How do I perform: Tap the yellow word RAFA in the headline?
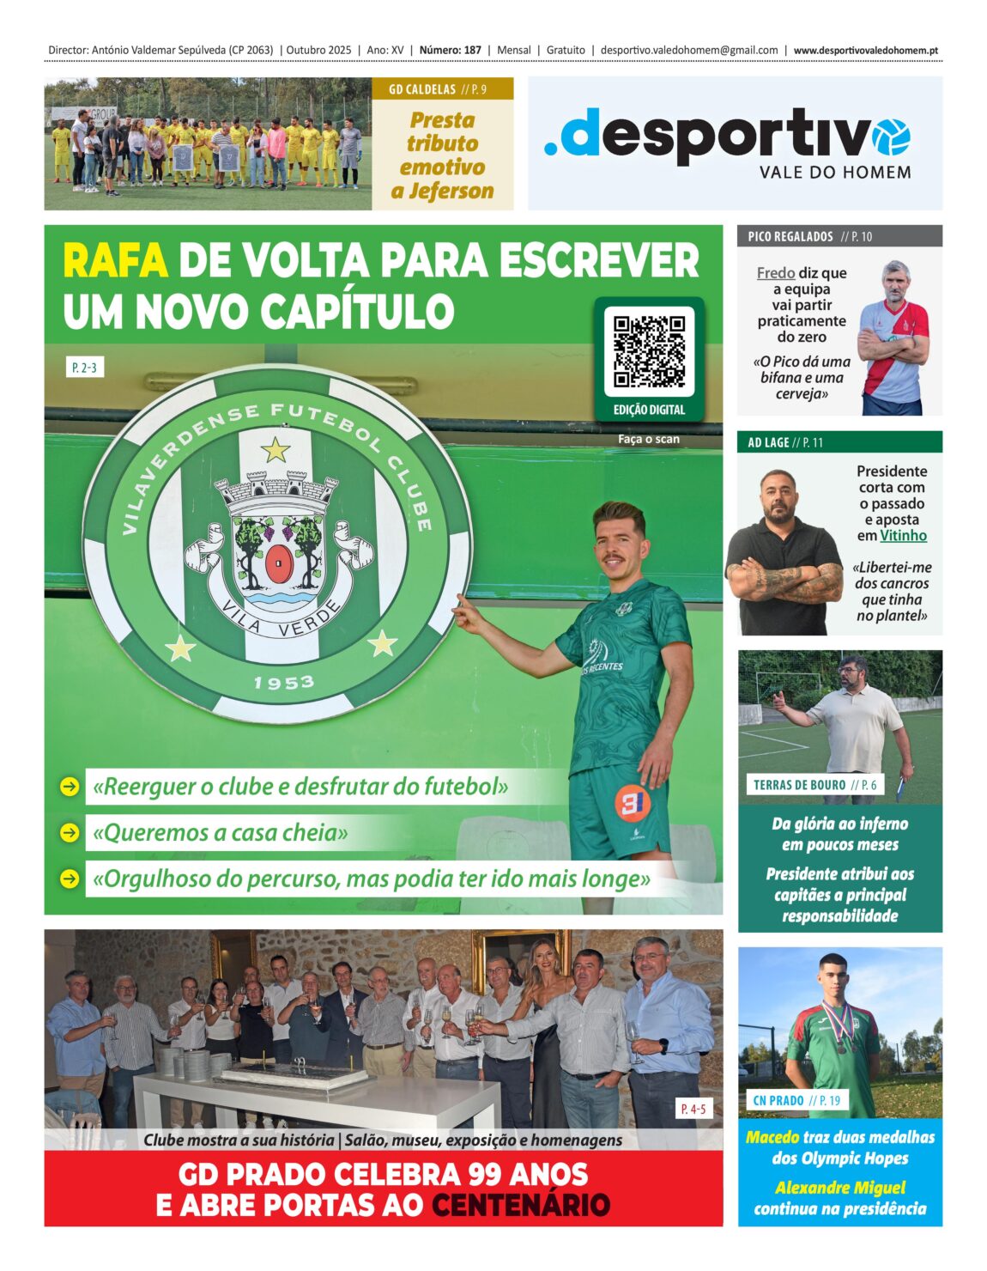point(115,261)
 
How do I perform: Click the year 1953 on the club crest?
point(283,683)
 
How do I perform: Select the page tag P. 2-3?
point(84,368)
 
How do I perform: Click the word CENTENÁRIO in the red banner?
point(520,1205)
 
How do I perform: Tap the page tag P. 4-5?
point(693,1109)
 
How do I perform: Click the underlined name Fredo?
point(775,273)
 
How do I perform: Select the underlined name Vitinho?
point(903,536)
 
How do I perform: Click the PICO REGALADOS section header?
point(790,236)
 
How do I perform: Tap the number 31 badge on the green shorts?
point(632,803)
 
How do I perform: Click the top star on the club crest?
point(275,449)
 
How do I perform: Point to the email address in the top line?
point(688,51)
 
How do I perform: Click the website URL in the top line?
point(865,51)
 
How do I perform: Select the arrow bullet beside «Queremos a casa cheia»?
point(69,832)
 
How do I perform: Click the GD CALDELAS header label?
point(421,89)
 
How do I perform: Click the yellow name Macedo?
point(772,1137)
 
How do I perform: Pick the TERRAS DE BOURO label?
point(799,785)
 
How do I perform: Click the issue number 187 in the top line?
point(472,51)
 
